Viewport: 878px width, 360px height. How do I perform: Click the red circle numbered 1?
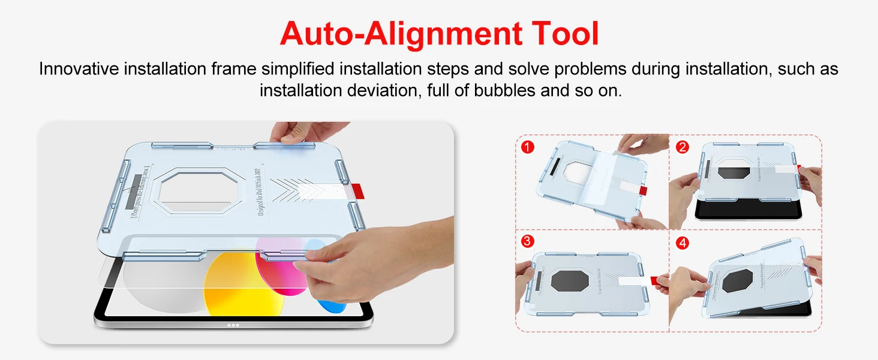pos(528,146)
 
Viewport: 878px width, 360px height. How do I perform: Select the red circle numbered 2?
pos(682,146)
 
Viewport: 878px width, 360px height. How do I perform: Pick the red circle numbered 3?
pos(528,241)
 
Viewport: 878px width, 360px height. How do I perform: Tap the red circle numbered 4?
pos(682,244)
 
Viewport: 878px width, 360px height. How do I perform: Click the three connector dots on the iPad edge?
pos(233,325)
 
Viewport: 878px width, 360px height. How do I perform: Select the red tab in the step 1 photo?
pos(643,190)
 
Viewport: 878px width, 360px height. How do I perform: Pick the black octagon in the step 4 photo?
pos(737,281)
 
